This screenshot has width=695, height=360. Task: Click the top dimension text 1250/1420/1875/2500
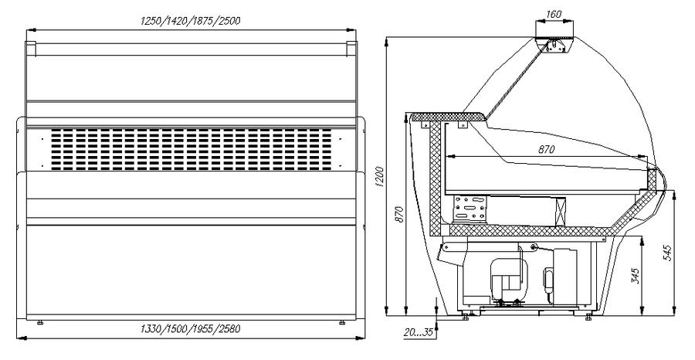pyautogui.click(x=191, y=21)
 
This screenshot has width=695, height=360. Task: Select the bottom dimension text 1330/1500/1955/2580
pyautogui.click(x=190, y=329)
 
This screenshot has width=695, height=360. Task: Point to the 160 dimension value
pyautogui.click(x=554, y=14)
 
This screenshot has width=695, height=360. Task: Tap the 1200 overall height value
pyautogui.click(x=380, y=176)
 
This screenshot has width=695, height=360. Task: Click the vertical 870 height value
pyautogui.click(x=400, y=214)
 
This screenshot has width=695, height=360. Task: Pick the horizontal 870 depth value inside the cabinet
pyautogui.click(x=546, y=150)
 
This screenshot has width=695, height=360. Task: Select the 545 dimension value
pyautogui.click(x=668, y=253)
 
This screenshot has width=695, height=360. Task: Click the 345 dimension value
pyautogui.click(x=636, y=276)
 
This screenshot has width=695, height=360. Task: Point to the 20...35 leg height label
pyautogui.click(x=418, y=332)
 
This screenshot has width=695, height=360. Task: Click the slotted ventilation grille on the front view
pyautogui.click(x=191, y=149)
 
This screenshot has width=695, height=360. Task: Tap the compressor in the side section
pyautogui.click(x=508, y=280)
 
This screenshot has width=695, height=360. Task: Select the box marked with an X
pyautogui.click(x=561, y=212)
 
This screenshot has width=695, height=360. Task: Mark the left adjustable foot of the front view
pyautogui.click(x=40, y=323)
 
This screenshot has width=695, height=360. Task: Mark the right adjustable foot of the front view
pyautogui.click(x=342, y=323)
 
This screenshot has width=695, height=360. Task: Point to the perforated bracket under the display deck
pyautogui.click(x=470, y=209)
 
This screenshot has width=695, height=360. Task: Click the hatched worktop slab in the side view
pyautogui.click(x=448, y=117)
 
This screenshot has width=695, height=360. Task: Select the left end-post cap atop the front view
pyautogui.click(x=31, y=49)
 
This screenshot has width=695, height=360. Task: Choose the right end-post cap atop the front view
pyautogui.click(x=351, y=49)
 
